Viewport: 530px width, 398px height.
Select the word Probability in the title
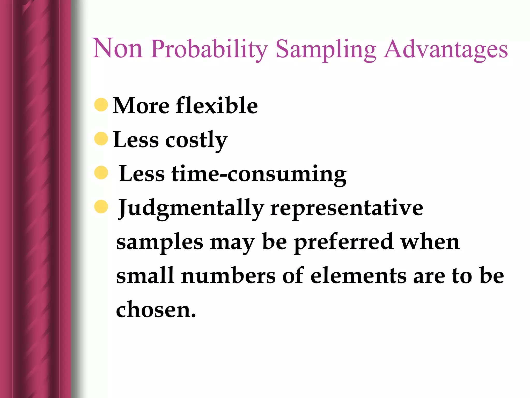209,49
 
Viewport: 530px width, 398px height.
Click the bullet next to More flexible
101,105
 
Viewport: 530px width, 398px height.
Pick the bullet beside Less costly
101,139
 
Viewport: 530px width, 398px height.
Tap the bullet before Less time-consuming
101,173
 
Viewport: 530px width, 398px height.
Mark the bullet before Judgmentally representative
101,207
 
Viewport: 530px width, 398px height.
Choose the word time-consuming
259,174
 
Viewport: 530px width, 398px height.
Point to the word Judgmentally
191,208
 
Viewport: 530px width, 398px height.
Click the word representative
347,208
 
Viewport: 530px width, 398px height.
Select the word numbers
229,276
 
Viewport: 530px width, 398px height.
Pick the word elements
358,276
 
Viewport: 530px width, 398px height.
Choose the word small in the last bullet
145,276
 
